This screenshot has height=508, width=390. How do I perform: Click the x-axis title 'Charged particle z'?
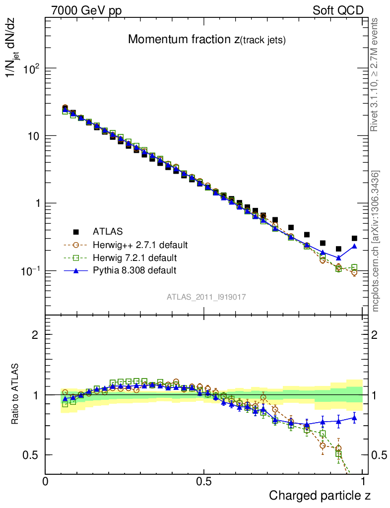coord(320,495)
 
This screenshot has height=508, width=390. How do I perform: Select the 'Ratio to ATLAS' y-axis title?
coord(15,394)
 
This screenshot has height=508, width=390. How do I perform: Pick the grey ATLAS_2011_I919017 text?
coord(206,297)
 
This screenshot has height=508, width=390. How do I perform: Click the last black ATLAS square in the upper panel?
coord(354,239)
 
